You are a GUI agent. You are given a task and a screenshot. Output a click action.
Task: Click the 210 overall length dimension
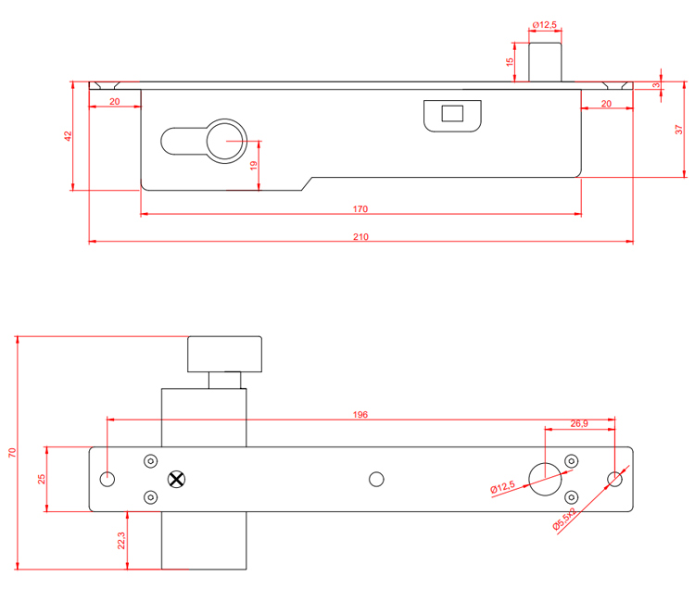[360, 237]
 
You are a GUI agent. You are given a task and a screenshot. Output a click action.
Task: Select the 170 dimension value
[360, 209]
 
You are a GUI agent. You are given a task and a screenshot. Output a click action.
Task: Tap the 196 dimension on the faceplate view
[360, 414]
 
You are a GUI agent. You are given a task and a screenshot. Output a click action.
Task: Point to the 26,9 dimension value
[578, 424]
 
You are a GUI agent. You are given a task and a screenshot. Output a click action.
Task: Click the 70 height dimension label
[12, 453]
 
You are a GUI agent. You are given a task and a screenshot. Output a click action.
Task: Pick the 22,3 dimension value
[122, 541]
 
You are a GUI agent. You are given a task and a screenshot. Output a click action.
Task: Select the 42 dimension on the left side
[67, 135]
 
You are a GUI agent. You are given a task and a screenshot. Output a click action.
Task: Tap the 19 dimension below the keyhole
[253, 166]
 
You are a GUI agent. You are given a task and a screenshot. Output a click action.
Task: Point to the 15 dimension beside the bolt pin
[510, 62]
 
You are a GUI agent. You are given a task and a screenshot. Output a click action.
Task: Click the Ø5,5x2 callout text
[564, 520]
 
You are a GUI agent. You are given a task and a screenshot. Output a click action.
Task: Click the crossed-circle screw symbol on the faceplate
[177, 479]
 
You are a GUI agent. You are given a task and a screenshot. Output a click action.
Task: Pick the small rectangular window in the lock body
[453, 115]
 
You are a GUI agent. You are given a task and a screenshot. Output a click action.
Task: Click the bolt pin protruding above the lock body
[545, 61]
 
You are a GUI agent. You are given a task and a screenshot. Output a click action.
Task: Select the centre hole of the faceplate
[375, 479]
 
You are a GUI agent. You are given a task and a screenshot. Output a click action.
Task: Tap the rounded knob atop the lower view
[226, 353]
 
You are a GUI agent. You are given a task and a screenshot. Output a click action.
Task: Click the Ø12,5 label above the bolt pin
[544, 25]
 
